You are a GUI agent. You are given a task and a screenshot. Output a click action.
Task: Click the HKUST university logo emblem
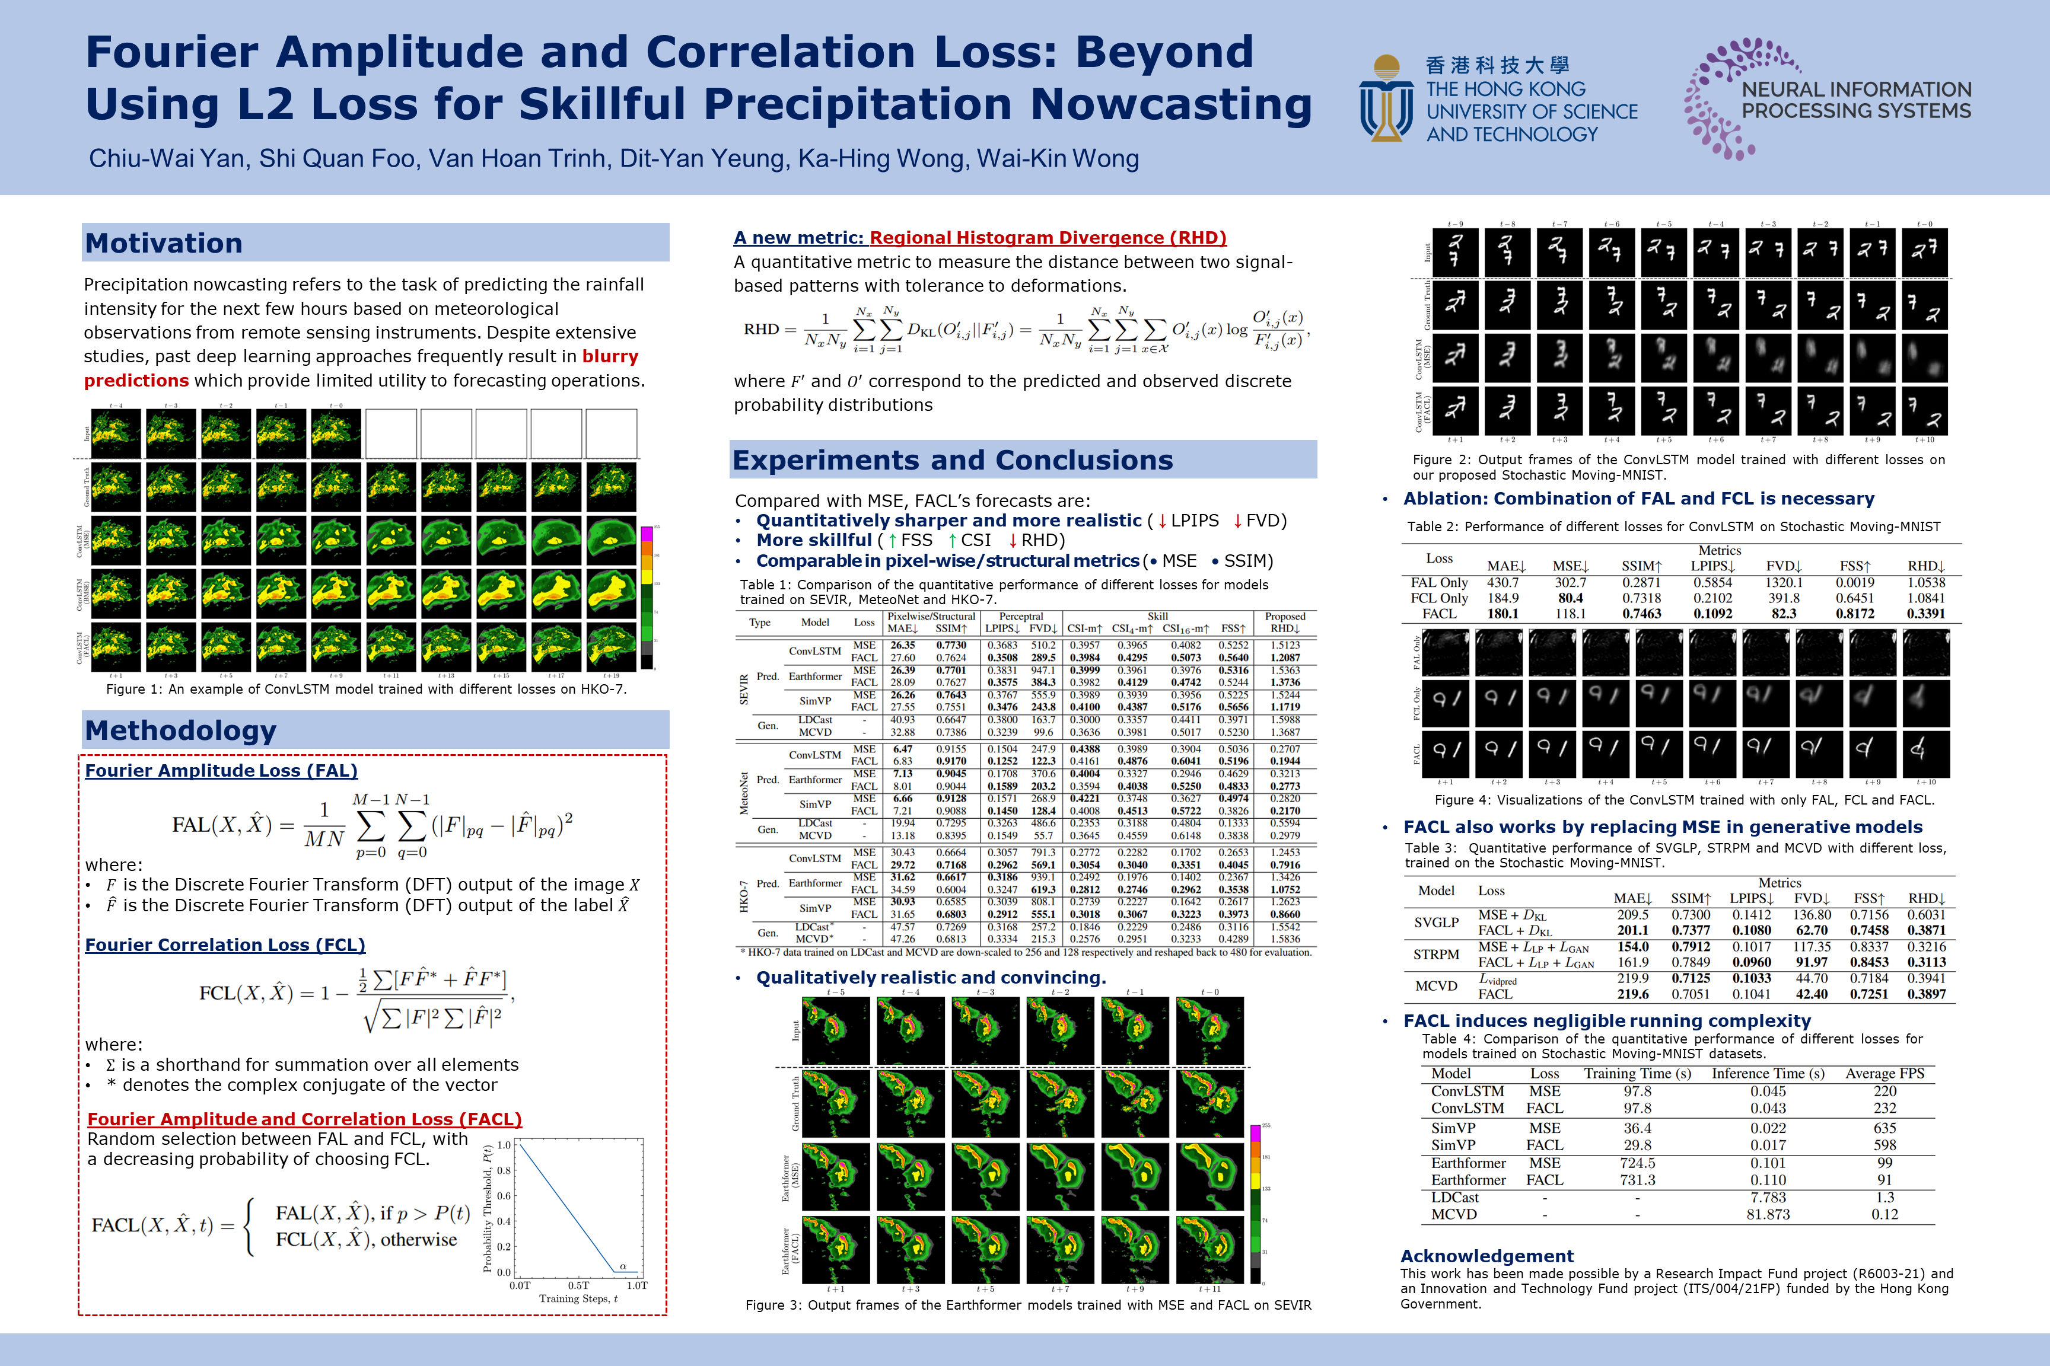pos(1386,98)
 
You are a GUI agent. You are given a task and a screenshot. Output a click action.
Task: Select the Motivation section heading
pos(164,243)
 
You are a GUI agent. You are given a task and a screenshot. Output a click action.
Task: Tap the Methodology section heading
pos(180,730)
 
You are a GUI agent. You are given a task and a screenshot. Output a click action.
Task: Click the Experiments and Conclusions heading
pos(953,460)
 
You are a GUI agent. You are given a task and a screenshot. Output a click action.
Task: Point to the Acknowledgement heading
pos(1486,1255)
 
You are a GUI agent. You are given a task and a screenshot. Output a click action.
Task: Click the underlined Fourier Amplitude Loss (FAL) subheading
pos(221,770)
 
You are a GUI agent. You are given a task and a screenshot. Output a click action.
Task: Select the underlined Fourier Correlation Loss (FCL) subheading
pos(225,944)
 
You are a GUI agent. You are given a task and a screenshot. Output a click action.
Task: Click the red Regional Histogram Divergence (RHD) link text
pos(1048,238)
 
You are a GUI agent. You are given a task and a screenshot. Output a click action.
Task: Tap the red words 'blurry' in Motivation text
pos(610,356)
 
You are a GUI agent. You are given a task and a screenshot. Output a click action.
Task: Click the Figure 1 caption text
pos(366,689)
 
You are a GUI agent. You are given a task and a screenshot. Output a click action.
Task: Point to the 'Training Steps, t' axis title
pos(578,1298)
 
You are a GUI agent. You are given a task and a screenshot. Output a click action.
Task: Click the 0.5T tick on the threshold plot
pos(578,1285)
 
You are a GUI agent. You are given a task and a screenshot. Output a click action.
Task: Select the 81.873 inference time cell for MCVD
pos(1768,1214)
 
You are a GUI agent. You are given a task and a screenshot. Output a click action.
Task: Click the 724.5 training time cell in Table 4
pos(1637,1162)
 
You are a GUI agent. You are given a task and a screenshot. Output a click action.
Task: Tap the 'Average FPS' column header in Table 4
pos(1885,1073)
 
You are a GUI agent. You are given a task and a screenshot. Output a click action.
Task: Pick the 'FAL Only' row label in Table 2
pos(1439,582)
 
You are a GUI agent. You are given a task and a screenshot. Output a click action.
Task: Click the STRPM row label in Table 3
pos(1435,954)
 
